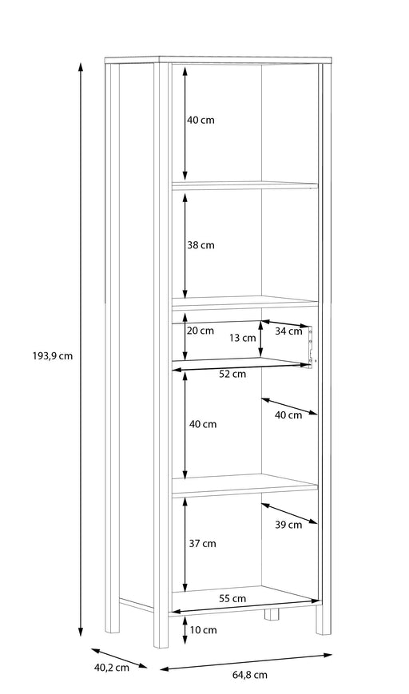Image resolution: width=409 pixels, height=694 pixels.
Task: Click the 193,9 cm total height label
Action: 52,355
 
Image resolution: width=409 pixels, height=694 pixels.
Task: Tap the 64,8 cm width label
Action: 250,675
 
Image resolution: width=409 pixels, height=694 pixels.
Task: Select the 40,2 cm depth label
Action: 112,668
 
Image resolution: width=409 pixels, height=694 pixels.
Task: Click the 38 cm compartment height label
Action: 201,244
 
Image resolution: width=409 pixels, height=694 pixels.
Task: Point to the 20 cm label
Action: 200,330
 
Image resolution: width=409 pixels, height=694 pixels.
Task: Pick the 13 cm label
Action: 243,338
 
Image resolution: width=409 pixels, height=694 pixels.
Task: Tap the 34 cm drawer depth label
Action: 288,331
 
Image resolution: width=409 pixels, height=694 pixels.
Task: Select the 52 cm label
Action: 232,374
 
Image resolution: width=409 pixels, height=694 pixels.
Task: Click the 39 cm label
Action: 288,525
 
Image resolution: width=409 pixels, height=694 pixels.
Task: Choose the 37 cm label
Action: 203,544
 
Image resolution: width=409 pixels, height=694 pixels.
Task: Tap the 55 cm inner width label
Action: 232,598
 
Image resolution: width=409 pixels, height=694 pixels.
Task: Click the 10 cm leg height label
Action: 203,629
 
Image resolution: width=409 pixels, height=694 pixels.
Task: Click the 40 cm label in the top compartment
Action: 201,120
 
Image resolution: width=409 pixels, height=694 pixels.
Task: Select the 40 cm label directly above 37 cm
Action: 203,424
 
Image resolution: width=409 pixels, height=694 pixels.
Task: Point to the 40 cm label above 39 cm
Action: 288,414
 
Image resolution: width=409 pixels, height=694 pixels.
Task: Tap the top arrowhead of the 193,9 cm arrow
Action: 81,66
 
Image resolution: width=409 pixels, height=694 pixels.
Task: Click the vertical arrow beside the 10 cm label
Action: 185,629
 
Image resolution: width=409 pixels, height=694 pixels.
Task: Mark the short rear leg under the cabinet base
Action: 271,614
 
